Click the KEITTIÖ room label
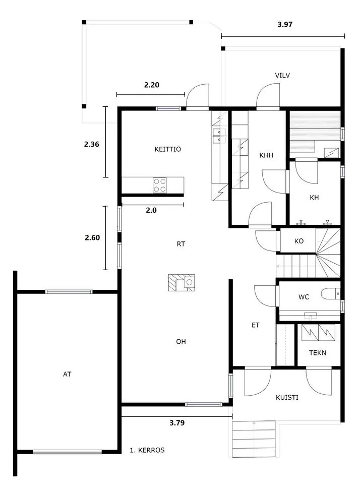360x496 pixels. (x=168, y=149)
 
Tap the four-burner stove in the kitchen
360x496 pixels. (x=160, y=185)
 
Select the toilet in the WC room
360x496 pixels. (x=331, y=294)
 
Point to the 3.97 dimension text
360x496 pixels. (x=285, y=24)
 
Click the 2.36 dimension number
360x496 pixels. (x=91, y=144)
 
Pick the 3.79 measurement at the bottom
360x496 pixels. (x=177, y=422)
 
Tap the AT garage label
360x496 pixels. (x=67, y=374)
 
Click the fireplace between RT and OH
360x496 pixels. (x=182, y=282)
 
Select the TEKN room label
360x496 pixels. (x=317, y=353)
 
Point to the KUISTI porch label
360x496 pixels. (x=287, y=397)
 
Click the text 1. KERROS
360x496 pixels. (x=147, y=450)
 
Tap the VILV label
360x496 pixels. (x=282, y=75)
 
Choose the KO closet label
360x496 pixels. (x=299, y=241)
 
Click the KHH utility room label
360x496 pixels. (x=266, y=155)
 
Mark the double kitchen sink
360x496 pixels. (x=219, y=136)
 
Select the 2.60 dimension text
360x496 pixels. (x=92, y=237)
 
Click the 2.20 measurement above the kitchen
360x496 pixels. (x=152, y=85)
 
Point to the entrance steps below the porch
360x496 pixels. (x=254, y=439)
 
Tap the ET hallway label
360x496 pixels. (x=255, y=325)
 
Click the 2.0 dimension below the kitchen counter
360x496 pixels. (x=151, y=210)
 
